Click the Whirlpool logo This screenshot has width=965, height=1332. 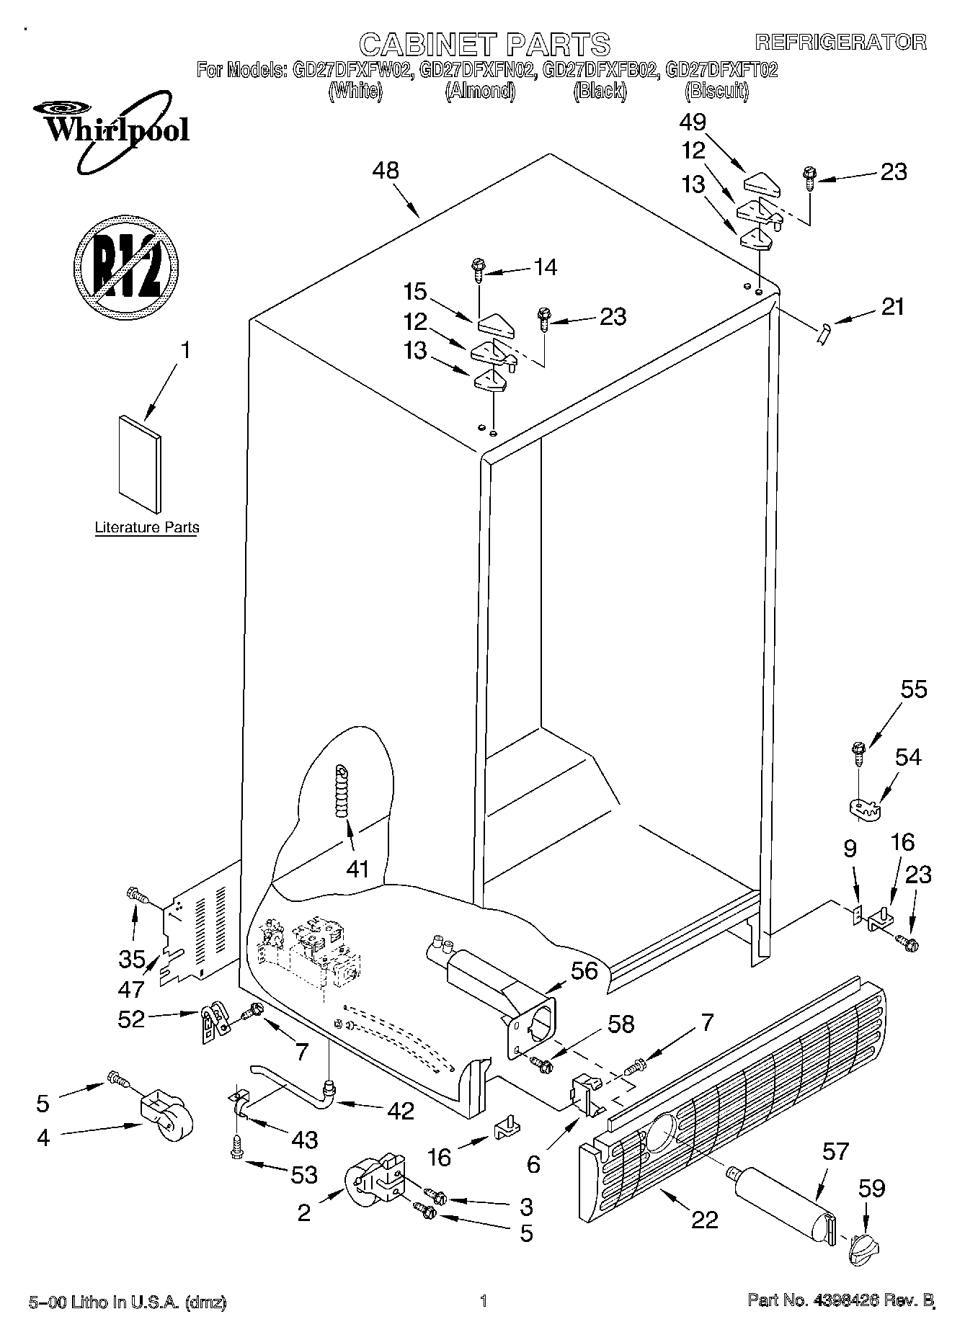coord(110,133)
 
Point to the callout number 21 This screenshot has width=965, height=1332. coord(892,307)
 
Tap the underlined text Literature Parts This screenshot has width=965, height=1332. coord(147,528)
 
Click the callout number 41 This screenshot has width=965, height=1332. coord(357,869)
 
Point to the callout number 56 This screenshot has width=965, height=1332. coord(584,970)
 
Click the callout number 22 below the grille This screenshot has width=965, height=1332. coord(704,1220)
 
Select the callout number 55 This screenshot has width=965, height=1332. coord(914,689)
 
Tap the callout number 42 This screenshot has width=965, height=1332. coord(400,1111)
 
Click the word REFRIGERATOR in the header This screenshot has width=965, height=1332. coord(840,42)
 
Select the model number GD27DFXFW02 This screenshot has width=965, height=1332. coord(352,70)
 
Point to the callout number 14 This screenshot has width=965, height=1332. coord(546,267)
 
